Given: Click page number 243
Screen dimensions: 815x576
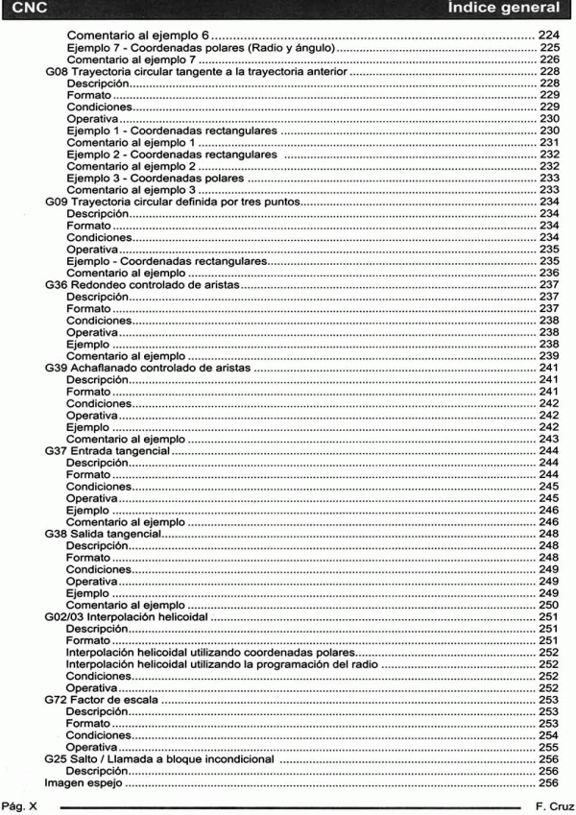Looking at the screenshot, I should pos(546,438).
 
